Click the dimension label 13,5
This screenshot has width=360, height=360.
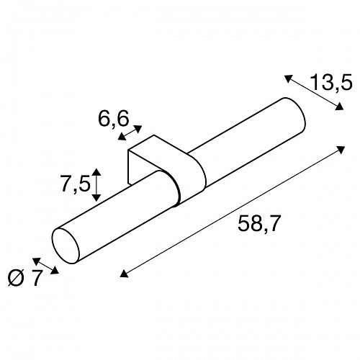pos(331,82)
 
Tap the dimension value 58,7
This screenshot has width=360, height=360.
pos(259,224)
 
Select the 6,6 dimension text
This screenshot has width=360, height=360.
pos(113,118)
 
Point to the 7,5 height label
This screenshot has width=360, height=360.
pos(76,184)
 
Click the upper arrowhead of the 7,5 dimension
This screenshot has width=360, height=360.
pos(96,172)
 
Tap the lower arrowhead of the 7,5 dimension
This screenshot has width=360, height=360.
pos(96,197)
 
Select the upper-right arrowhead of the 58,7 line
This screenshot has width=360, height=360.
pos(341,149)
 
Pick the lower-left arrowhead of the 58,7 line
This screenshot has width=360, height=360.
pos(124,274)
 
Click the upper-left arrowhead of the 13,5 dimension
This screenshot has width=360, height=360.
pos(289,78)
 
